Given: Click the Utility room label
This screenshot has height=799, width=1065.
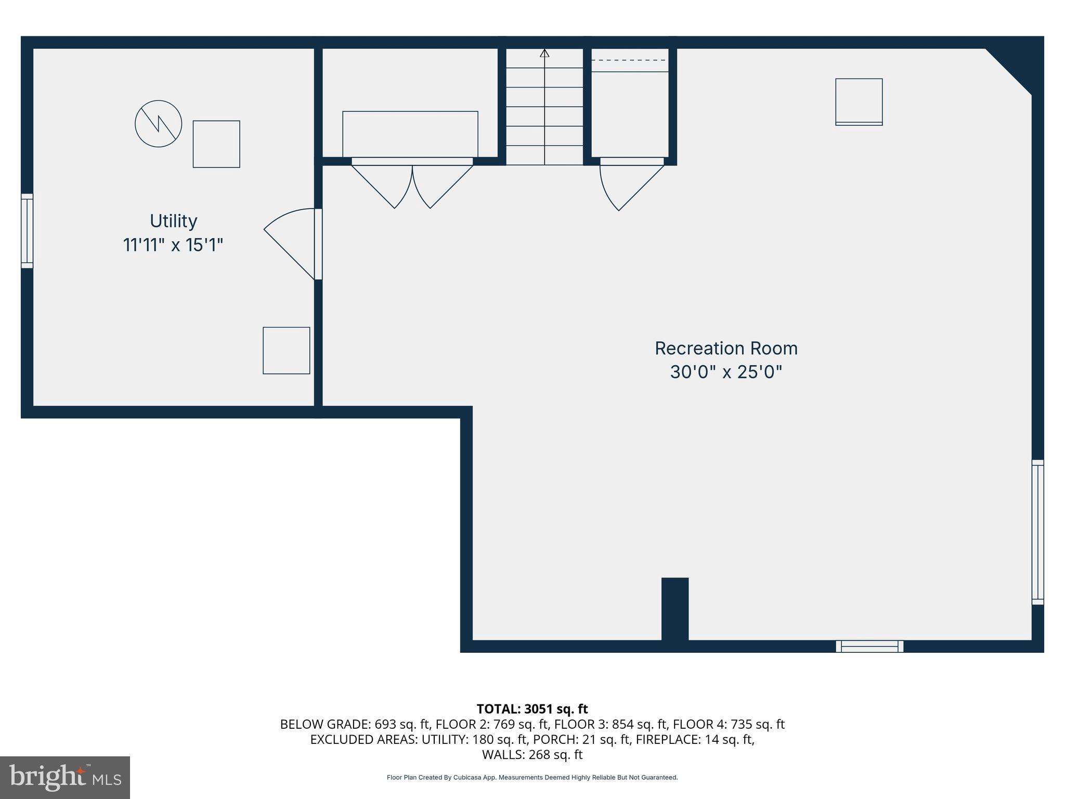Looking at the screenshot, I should (173, 221).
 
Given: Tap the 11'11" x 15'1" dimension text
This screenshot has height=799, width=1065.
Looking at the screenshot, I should (173, 245).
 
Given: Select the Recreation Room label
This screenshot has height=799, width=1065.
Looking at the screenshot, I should (726, 349).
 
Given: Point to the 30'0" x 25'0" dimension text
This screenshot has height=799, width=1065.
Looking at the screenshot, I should (726, 372).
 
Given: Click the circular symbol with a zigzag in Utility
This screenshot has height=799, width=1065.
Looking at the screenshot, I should (158, 124).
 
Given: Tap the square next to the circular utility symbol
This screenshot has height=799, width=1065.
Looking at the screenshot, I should (216, 144).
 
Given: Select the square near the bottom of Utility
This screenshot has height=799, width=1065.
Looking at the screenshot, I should (286, 350).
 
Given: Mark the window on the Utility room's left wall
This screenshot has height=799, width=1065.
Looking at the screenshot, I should (27, 231).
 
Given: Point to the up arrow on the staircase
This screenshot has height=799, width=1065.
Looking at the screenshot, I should (544, 53).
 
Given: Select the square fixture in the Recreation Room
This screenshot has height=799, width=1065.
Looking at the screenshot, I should (859, 102).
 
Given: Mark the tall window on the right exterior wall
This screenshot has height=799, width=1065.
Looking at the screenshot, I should (1037, 532).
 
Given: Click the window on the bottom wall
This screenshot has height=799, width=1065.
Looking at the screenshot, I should (869, 646).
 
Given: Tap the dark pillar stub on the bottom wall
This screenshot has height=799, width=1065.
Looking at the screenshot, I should (674, 609).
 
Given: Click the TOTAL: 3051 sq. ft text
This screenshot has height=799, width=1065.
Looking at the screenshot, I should (532, 709).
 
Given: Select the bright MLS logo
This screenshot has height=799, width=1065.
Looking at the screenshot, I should (65, 777).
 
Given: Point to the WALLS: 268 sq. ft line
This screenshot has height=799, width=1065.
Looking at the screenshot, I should (532, 754).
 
